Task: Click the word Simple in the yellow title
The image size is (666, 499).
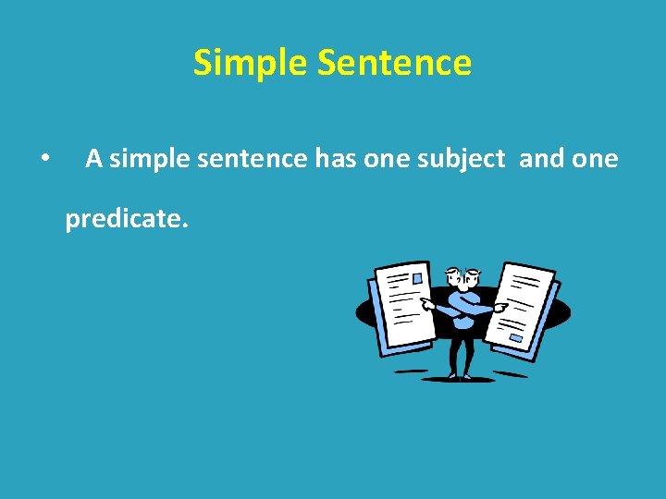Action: click(251, 64)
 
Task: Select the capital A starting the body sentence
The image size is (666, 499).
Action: click(93, 159)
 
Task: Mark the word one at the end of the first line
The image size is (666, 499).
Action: click(595, 160)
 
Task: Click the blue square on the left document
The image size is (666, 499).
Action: click(417, 277)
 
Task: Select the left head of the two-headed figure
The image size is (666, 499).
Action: click(453, 276)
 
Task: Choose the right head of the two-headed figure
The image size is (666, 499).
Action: click(473, 276)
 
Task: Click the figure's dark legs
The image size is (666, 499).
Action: click(462, 351)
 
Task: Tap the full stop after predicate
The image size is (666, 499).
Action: click(185, 225)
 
